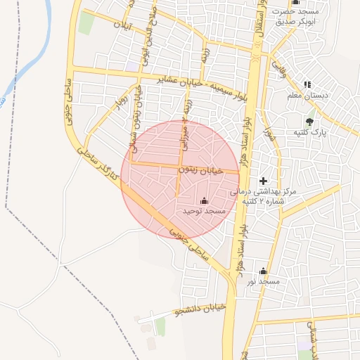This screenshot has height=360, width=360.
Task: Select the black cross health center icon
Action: click(264, 181)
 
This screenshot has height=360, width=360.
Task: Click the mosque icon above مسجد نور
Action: click(263, 271)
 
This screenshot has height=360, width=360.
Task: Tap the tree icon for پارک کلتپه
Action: click(309, 122)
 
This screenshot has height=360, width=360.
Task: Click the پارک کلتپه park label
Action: click(309, 132)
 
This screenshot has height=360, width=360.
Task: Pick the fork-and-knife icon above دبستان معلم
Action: click(307, 84)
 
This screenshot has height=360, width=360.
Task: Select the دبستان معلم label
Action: click(304, 95)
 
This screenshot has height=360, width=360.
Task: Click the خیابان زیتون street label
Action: click(200, 169)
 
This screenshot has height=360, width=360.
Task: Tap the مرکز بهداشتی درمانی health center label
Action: click(263, 196)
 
